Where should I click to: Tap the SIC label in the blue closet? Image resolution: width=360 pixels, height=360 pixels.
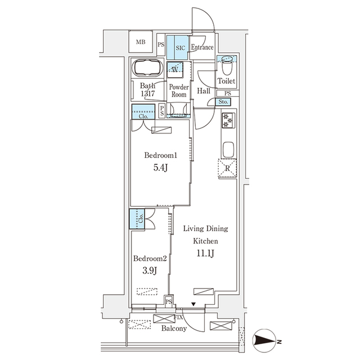(x=180, y=48)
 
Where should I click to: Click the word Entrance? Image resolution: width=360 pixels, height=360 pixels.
(x=202, y=48)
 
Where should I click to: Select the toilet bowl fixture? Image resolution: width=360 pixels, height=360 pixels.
(x=227, y=68)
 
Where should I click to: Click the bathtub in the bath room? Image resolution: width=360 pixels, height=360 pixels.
(x=148, y=68)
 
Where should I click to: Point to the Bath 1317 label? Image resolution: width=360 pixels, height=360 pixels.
(x=148, y=90)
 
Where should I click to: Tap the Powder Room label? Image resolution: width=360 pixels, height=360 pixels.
(x=178, y=91)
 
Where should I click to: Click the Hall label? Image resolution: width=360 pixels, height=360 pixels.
(x=204, y=91)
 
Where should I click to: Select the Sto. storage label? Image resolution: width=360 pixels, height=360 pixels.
(x=223, y=102)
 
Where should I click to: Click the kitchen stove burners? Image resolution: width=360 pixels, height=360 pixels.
(x=228, y=121)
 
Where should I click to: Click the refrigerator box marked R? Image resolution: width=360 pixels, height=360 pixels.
(x=228, y=168)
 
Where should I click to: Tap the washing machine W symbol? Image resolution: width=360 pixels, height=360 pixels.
(x=175, y=71)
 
